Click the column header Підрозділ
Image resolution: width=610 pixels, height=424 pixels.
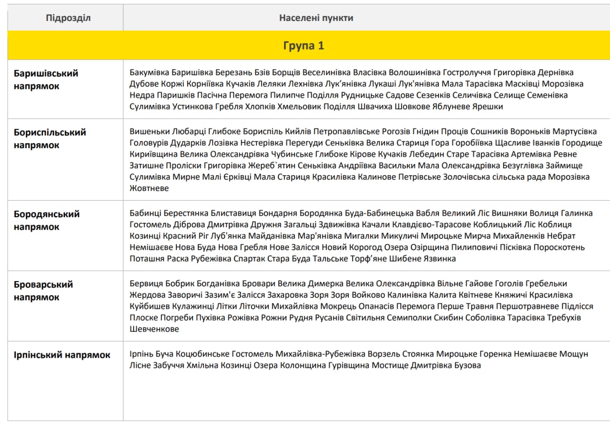[68, 18]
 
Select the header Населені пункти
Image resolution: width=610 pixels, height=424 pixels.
[316, 18]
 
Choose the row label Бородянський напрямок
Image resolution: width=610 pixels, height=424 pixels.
[47, 221]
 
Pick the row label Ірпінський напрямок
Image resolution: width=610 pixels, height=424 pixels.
[62, 355]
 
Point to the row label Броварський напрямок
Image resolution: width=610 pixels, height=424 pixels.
[43, 291]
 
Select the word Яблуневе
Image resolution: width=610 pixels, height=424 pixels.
[450, 107]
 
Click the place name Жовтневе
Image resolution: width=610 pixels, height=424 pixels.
[149, 188]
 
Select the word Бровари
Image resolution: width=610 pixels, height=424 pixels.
[258, 283]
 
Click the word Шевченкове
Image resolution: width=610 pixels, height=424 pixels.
[154, 329]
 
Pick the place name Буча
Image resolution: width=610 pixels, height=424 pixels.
[163, 354]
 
